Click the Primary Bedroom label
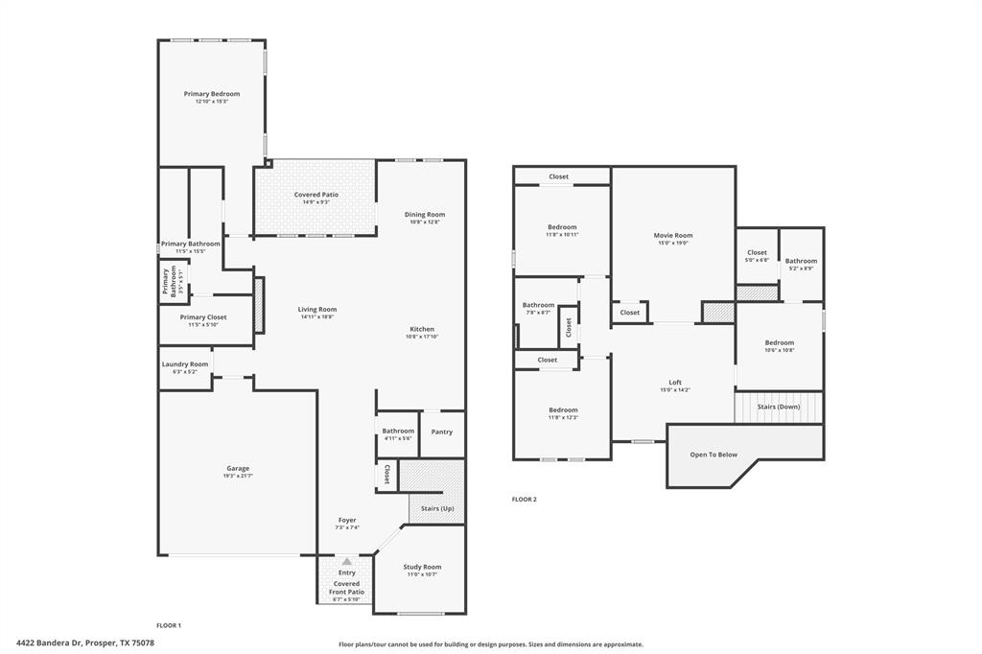coord(212,94)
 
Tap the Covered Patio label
coord(316,195)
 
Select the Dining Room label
coord(425,215)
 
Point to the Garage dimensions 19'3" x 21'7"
coord(238,477)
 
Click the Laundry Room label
coord(185,364)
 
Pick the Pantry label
coord(442,432)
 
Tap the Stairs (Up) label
coord(437,508)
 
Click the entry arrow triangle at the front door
coord(346,561)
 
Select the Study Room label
coord(422,567)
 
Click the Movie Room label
coord(673,235)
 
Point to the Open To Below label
coord(714,455)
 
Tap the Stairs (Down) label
coord(779,407)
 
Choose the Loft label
coord(675,382)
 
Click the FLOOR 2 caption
coord(524,499)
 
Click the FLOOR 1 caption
coord(169,625)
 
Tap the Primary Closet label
coord(203,316)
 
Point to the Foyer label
coord(346,520)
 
